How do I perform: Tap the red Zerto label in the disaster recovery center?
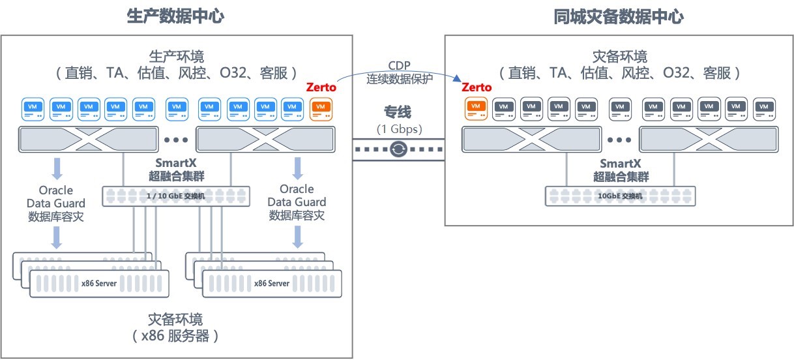(x=477, y=87)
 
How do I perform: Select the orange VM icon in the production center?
(x=321, y=108)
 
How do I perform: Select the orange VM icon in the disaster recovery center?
(x=475, y=108)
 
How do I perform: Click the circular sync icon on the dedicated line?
(x=398, y=150)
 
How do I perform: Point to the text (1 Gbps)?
(x=398, y=128)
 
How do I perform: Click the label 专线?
(x=398, y=112)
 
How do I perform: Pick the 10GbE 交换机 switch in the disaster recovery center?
(x=620, y=196)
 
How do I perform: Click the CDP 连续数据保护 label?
(x=398, y=72)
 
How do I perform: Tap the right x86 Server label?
(x=272, y=283)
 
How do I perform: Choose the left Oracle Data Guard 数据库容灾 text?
(x=56, y=203)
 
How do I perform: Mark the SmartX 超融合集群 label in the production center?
(x=175, y=169)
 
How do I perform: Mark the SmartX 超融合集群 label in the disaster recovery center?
(x=621, y=170)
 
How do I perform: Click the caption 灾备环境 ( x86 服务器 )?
(x=175, y=328)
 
